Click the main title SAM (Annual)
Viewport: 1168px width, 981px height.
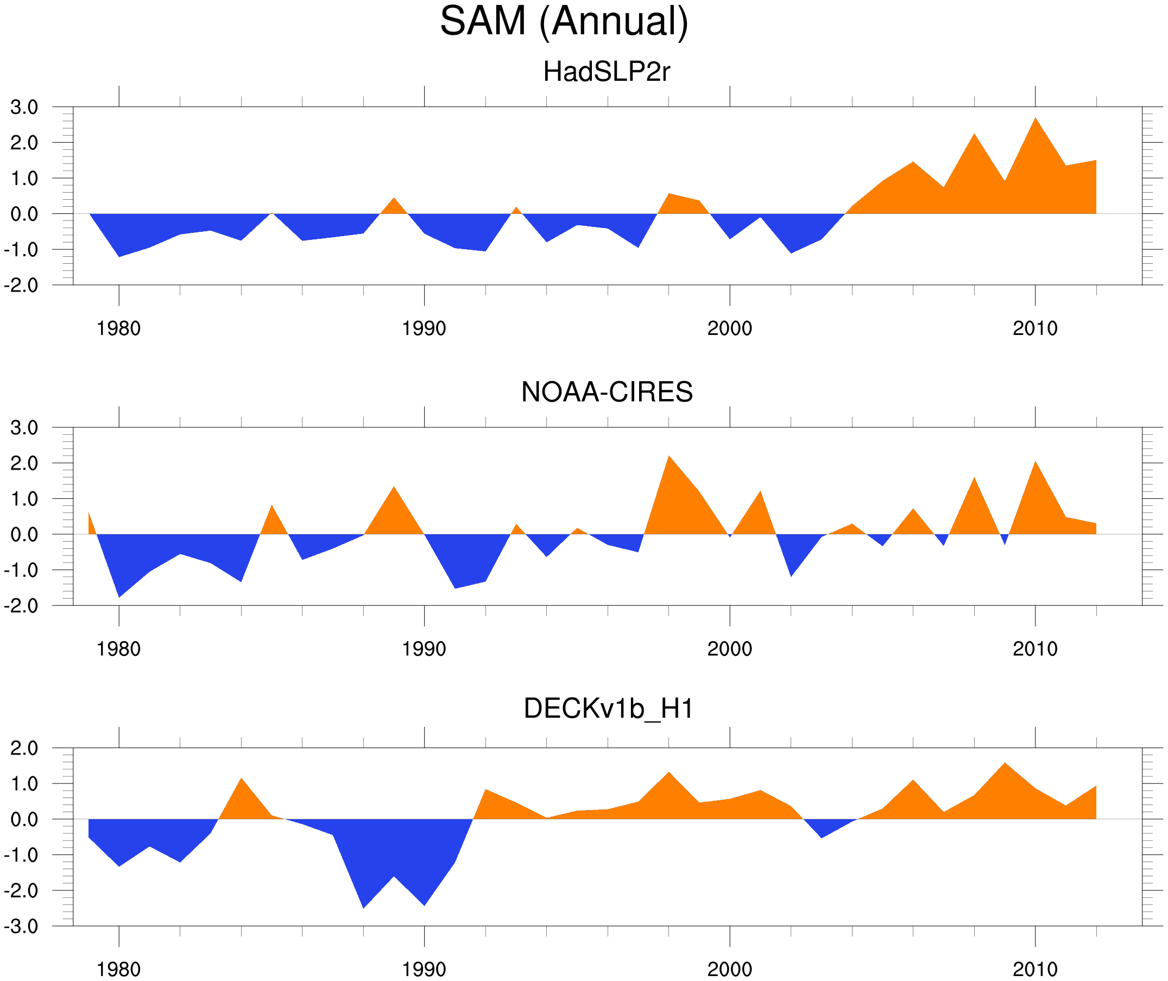[564, 21]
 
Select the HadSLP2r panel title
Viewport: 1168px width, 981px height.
[606, 72]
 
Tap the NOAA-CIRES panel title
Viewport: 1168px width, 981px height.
[607, 392]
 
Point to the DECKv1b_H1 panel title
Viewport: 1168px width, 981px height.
[609, 708]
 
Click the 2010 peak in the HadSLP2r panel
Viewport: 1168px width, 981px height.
[1034, 121]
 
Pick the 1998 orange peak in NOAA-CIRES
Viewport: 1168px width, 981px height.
[669, 459]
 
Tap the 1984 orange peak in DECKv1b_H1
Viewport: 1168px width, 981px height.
[242, 781]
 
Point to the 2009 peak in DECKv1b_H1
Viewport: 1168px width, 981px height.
[1005, 766]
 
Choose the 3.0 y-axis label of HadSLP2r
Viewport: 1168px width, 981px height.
[24, 107]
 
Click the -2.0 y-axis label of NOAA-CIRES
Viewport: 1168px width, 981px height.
[21, 606]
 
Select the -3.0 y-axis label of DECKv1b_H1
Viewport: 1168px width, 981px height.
[21, 927]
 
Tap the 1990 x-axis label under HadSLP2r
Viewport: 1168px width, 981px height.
[424, 328]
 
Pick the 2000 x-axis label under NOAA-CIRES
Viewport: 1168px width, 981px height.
[729, 649]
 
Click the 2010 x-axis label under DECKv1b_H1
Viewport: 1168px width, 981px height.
[1034, 969]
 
